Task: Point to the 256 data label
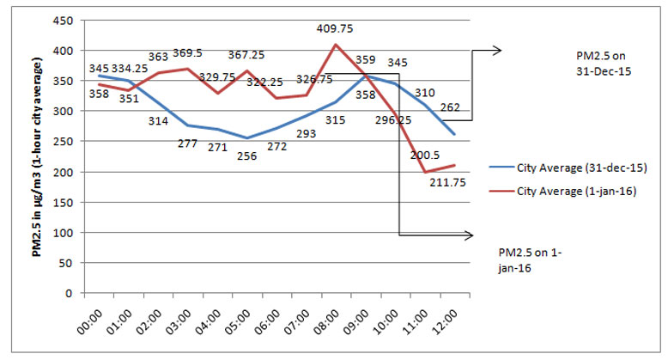[x=222, y=155]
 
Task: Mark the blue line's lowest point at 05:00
[x=222, y=137]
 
